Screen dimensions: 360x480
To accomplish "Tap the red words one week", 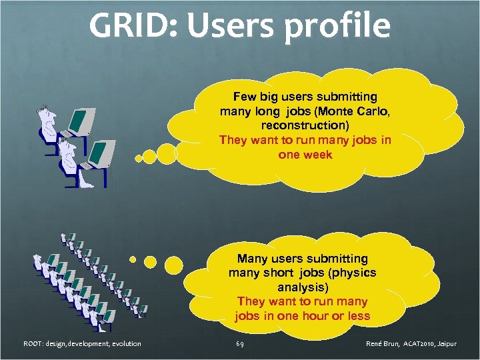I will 305,155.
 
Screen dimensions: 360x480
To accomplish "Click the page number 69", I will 239,344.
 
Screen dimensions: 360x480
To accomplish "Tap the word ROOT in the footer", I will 32,344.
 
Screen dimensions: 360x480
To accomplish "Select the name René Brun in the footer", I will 383,344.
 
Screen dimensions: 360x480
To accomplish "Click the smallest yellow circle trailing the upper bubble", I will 139,159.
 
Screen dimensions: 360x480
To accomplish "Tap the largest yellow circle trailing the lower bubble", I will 173,265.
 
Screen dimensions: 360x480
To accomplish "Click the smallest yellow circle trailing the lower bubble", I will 133,259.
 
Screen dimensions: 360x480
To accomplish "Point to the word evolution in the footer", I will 123,344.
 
